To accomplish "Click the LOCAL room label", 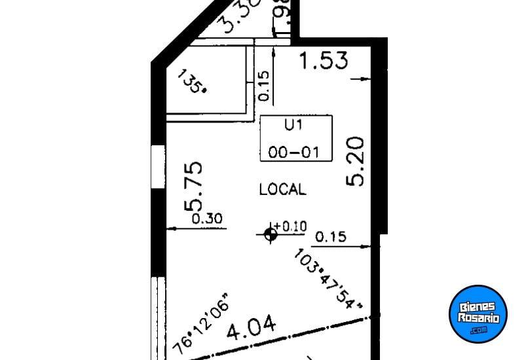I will click(282, 190).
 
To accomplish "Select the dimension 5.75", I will click(195, 187).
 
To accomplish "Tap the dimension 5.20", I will click(355, 161).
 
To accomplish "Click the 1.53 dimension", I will click(323, 62).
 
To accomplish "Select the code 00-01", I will click(293, 153).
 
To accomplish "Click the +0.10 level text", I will click(290, 226).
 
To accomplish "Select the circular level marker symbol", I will click(271, 234).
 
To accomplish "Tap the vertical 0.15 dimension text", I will click(264, 86).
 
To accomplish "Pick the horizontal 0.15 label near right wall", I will click(331, 237).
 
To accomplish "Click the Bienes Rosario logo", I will click(479, 313).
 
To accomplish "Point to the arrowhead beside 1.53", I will click(364, 79).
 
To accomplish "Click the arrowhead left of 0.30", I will click(170, 228).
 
